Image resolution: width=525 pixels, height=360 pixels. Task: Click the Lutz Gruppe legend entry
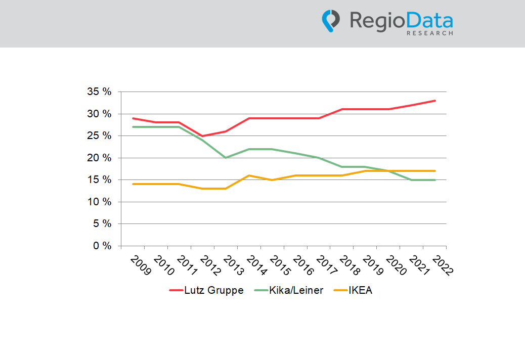206,290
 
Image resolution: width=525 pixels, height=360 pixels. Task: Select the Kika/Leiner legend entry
289,290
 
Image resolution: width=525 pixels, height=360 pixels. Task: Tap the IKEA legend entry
353,290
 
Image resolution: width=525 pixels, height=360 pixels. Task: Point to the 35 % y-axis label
99,92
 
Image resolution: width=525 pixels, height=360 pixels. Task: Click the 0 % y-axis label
102,246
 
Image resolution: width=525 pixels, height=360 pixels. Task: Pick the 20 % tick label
99,158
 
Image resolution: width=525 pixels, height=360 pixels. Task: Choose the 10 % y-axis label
99,202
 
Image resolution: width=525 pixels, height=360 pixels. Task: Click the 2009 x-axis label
141,265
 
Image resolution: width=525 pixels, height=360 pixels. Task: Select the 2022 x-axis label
443,265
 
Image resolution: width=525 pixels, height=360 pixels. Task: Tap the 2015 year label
280,265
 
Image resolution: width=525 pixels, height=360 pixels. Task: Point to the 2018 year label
349,265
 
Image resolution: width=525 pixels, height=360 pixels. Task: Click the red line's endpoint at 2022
434,101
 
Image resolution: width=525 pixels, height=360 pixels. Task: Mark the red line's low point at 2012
202,136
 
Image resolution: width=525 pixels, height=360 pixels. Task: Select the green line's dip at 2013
226,158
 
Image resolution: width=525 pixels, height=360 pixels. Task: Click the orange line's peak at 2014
249,175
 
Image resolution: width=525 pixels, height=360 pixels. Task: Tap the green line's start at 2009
133,127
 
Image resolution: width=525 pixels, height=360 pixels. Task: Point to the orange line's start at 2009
133,184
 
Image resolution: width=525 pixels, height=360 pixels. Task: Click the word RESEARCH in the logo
430,33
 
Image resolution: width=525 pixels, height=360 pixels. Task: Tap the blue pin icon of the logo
330,21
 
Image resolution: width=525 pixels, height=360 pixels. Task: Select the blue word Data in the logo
429,20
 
